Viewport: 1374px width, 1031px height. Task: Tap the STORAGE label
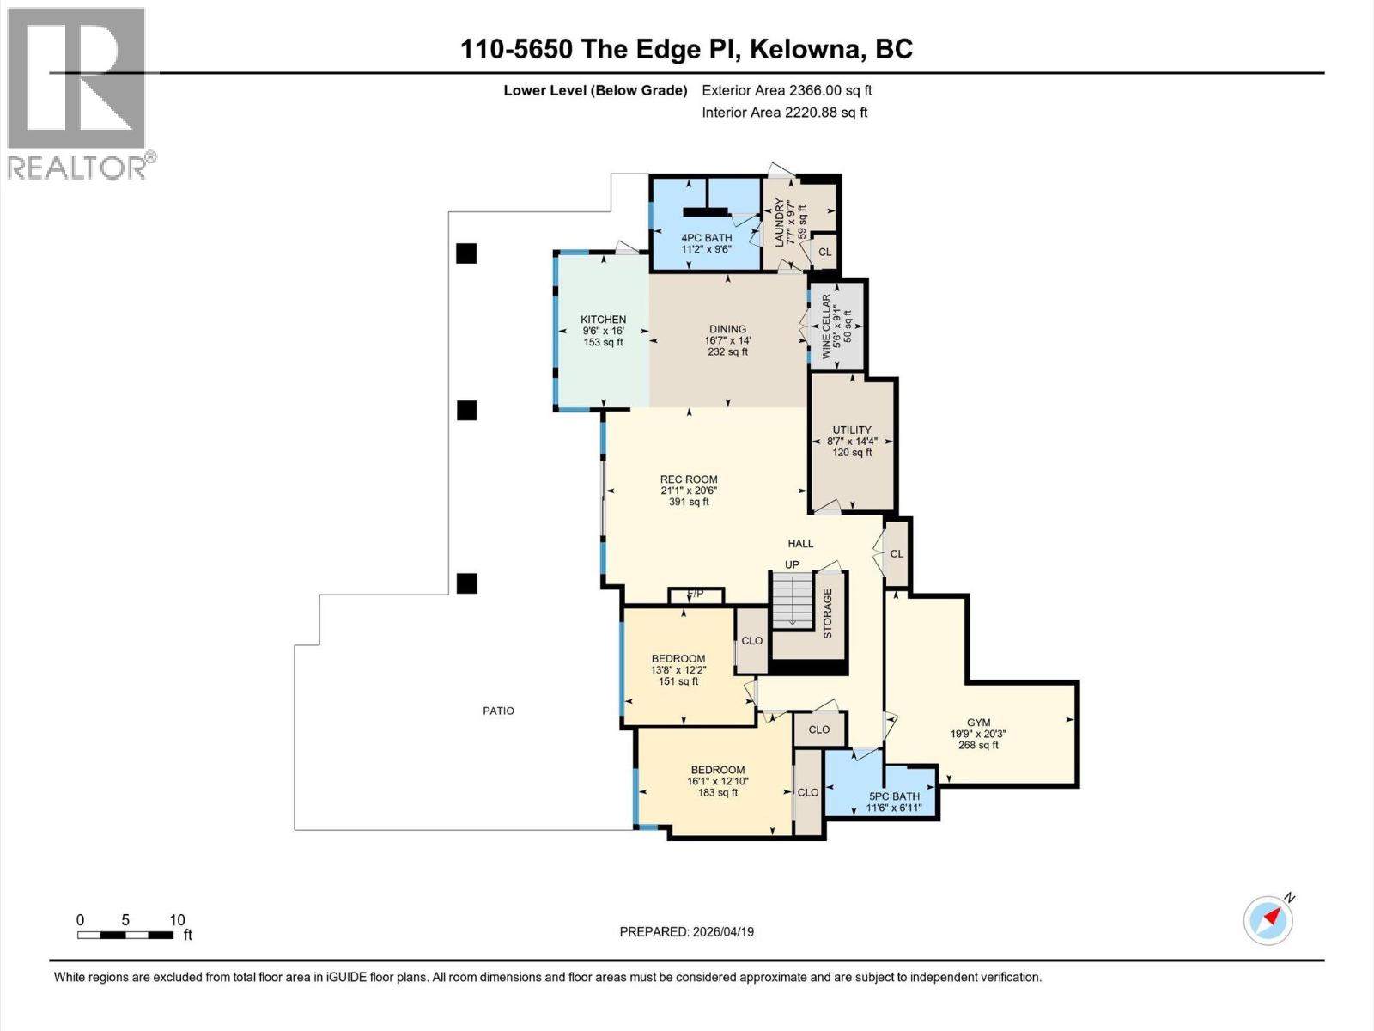pos(828,613)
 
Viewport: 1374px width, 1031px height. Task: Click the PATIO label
pos(498,711)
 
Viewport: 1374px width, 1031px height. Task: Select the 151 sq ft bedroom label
pos(678,670)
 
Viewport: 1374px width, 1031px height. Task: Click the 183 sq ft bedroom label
pos(717,781)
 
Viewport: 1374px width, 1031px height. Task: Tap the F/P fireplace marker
pos(696,594)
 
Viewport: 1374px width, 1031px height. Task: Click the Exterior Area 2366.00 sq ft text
pos(787,90)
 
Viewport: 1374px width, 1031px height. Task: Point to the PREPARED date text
pos(686,931)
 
